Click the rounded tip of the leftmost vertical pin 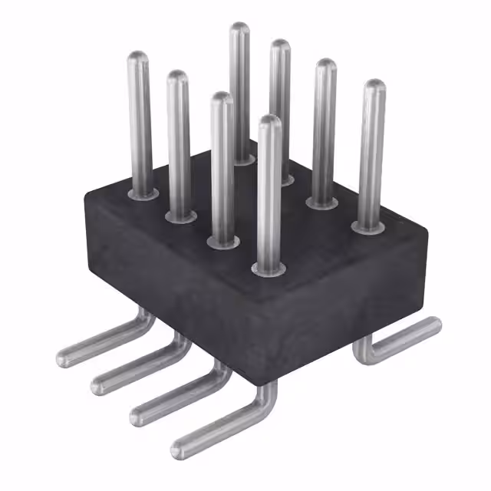point(137,58)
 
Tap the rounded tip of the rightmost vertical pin point(374,87)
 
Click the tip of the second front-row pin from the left point(178,77)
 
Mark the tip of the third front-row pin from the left point(222,100)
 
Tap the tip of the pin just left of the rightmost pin point(325,67)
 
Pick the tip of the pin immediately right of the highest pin point(280,48)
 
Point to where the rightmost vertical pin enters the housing point(369,227)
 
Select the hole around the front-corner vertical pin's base point(267,270)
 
